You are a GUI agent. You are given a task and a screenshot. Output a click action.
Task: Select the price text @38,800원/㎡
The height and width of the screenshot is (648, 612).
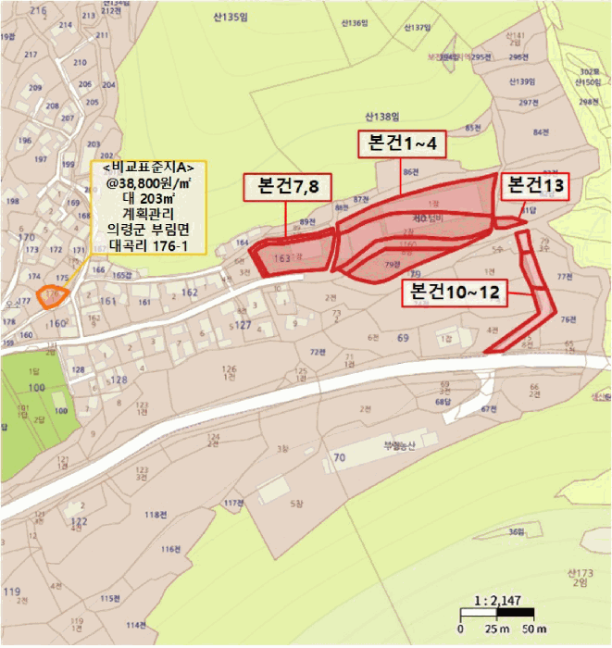coord(149,184)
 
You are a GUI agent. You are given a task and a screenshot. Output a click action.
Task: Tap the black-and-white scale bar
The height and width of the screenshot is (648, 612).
coord(497,613)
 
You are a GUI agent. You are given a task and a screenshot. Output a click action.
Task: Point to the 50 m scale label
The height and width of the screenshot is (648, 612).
coord(533,629)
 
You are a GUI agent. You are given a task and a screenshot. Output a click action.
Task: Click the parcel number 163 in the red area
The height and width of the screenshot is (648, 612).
coord(282,259)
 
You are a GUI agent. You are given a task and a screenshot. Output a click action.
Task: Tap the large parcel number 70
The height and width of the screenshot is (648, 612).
coord(339,457)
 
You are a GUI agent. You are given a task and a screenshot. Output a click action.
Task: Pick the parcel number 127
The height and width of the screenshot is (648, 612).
coord(243,325)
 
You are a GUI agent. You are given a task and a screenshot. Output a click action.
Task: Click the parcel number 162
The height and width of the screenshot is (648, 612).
coord(191,293)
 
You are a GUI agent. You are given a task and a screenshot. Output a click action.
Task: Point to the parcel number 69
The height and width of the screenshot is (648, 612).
coord(403,339)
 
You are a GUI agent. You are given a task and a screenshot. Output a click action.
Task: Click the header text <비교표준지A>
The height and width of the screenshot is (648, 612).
coord(149,168)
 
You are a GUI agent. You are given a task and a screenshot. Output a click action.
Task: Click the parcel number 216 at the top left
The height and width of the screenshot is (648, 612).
coord(37,10)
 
